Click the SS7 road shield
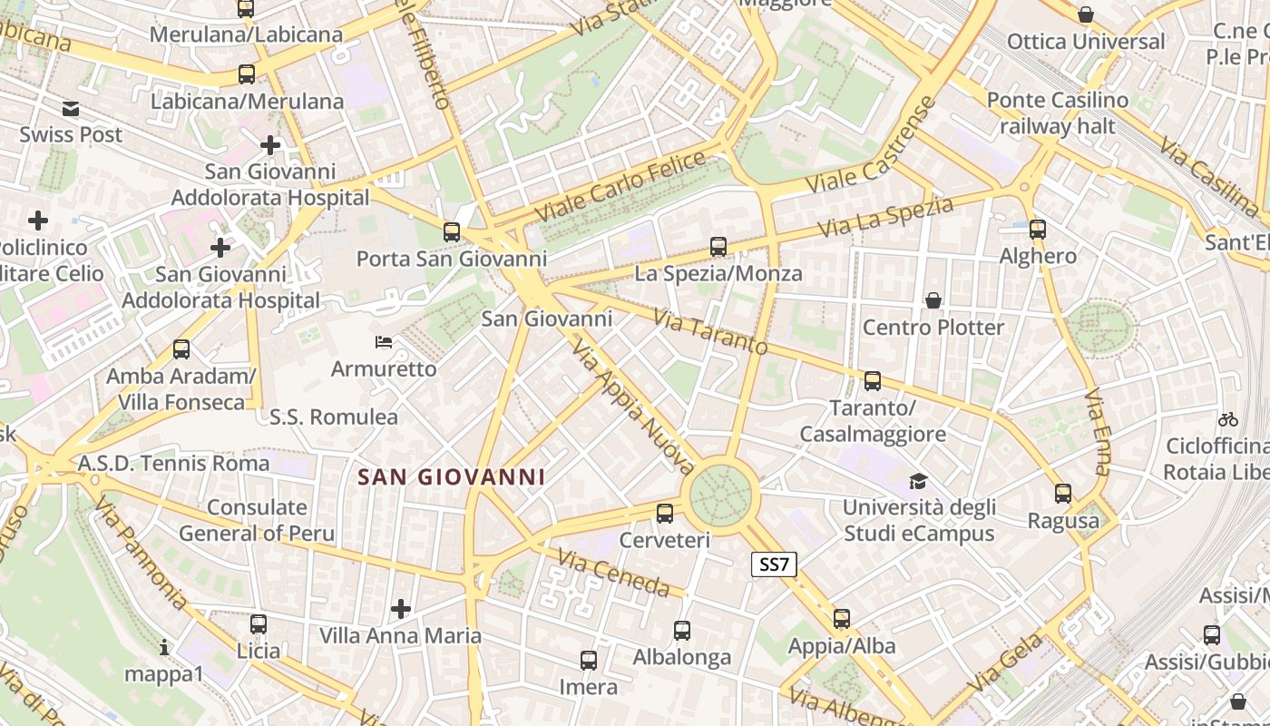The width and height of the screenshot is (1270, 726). [x=774, y=564]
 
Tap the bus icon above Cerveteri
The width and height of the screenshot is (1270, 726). [x=665, y=514]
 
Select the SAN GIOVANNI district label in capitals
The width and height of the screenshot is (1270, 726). [x=451, y=476]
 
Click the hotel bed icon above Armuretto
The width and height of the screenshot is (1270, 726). [x=384, y=342]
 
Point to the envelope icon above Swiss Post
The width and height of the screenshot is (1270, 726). [x=71, y=109]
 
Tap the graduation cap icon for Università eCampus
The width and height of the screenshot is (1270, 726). [x=919, y=481]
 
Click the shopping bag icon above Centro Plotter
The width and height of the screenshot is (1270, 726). [x=933, y=300]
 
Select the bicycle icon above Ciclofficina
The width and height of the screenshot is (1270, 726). [x=1228, y=419]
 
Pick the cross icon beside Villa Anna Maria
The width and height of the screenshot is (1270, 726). [x=400, y=608]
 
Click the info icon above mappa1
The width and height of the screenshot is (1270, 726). [x=164, y=648]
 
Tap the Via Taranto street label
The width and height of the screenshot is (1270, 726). [x=710, y=333]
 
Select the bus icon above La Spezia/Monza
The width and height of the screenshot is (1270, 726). [x=718, y=246]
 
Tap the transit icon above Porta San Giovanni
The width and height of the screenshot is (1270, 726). [x=452, y=232]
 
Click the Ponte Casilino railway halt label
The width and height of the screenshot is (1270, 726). [x=1057, y=113]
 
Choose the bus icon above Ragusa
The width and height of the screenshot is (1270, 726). [x=1063, y=494]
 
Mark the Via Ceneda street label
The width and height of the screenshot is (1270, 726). [x=613, y=574]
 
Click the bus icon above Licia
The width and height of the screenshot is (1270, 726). [x=259, y=624]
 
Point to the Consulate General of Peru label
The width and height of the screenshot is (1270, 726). [x=257, y=520]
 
